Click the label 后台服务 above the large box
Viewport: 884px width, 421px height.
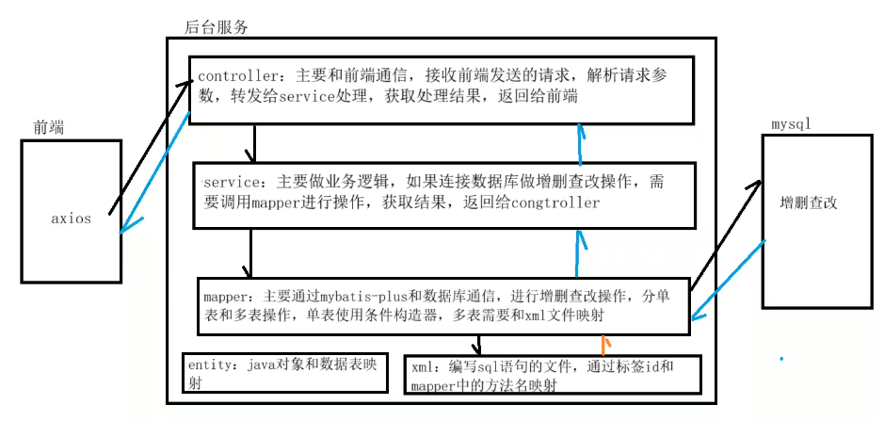pyautogui.click(x=217, y=26)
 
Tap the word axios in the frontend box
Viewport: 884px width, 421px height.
pyautogui.click(x=72, y=219)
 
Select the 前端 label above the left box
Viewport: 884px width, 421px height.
pyautogui.click(x=50, y=127)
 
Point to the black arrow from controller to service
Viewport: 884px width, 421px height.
pyautogui.click(x=249, y=144)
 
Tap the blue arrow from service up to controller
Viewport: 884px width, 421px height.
pyautogui.click(x=580, y=146)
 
